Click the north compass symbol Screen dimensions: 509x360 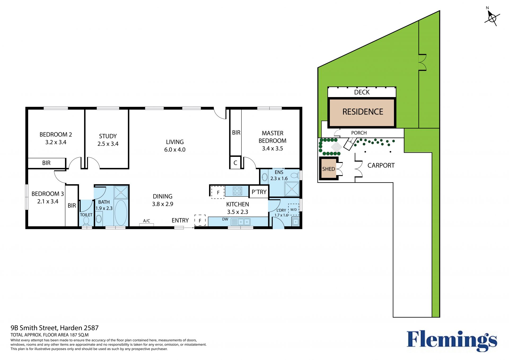click(492, 18)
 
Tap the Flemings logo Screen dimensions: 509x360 click(452, 341)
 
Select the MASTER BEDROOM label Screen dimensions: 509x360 click(273, 137)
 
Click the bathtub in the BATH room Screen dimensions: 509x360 click(121, 212)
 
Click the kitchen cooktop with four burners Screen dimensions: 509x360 click(237, 191)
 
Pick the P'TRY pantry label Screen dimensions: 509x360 click(259, 192)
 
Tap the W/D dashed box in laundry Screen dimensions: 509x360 click(293, 209)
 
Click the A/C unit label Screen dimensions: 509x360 click(147, 221)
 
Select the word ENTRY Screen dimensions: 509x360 click(180, 220)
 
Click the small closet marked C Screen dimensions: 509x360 click(235, 163)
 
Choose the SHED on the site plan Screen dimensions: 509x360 click(329, 169)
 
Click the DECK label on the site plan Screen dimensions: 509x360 click(362, 92)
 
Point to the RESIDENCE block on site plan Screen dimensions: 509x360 click(362, 112)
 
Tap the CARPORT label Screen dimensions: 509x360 click(381, 166)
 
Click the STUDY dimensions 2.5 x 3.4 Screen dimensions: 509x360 click(108, 144)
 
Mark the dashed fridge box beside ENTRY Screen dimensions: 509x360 click(200, 220)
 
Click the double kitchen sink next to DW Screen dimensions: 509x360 click(241, 222)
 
